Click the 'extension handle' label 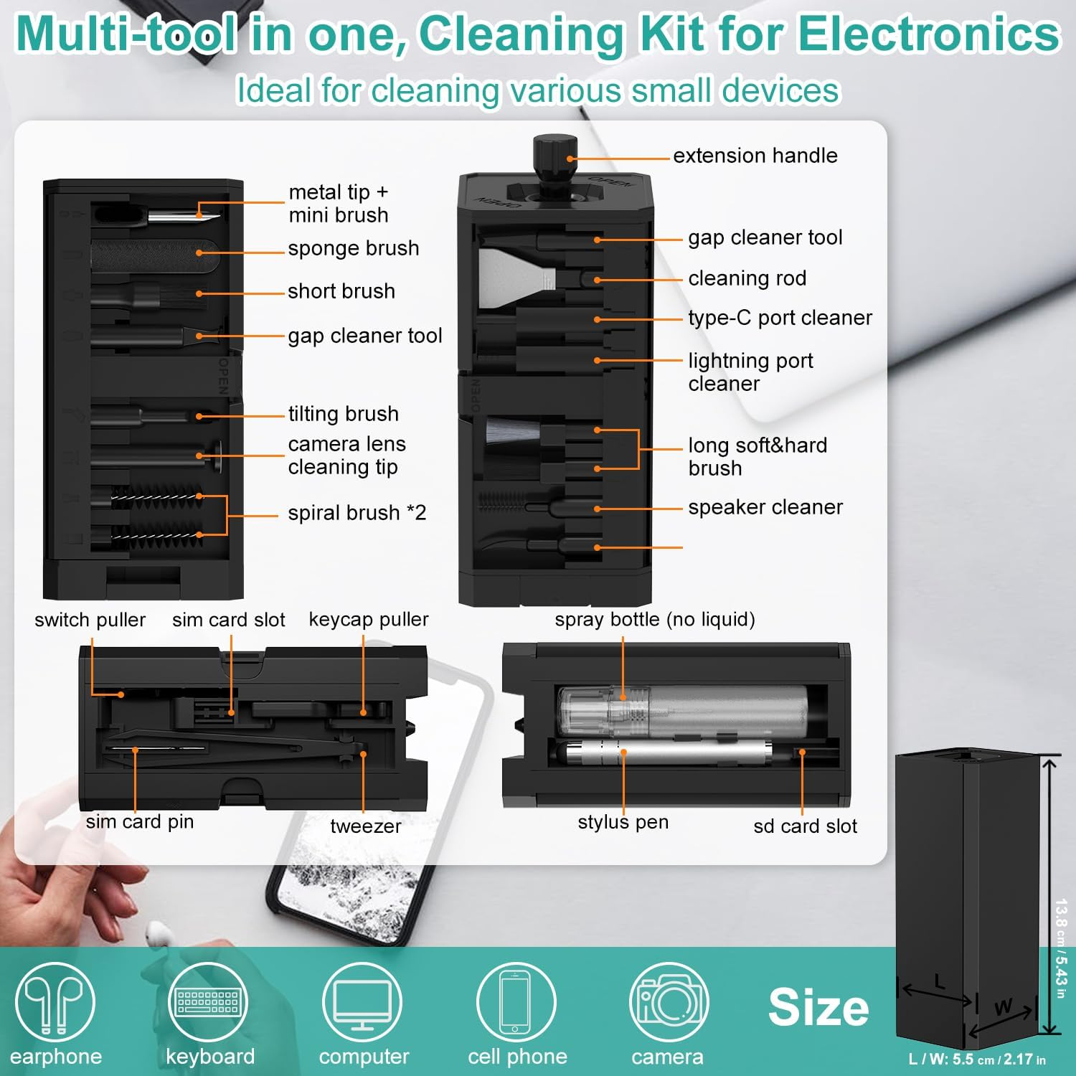coord(755,156)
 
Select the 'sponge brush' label coord(353,248)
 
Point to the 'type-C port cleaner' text coord(780,318)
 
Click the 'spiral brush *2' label coord(357,513)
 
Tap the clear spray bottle coord(681,710)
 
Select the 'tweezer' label coord(365,826)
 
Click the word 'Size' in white coord(818,1007)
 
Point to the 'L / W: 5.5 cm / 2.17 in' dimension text coord(976,1060)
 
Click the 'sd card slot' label coord(805,826)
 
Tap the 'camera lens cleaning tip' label coord(346,456)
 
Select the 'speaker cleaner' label coord(765,507)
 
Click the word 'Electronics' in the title coord(929,34)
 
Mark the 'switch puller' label coord(90,620)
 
